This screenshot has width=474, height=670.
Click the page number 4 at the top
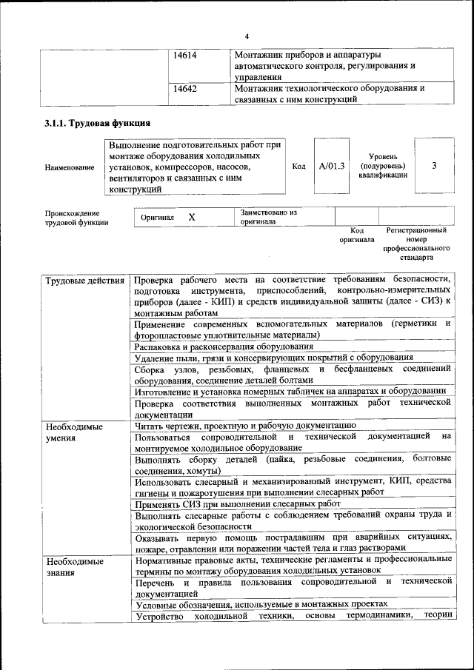point(247,37)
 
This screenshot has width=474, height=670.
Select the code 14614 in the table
point(184,56)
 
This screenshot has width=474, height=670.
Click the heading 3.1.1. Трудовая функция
point(98,124)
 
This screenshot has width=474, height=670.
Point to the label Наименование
point(70,167)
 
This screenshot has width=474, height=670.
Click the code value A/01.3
point(332,167)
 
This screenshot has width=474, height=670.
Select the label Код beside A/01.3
point(298,167)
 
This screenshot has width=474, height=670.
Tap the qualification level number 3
point(434,167)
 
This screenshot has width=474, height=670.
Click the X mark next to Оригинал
point(192,218)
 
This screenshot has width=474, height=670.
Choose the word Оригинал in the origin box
point(157,218)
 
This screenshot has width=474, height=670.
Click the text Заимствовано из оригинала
point(268,217)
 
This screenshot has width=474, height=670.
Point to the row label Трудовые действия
point(84,281)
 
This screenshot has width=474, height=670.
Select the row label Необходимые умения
point(74,432)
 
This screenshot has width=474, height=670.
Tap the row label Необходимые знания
point(74,567)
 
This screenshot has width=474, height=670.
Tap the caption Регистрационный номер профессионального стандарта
point(421,244)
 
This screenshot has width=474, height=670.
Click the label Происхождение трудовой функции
point(76,217)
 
